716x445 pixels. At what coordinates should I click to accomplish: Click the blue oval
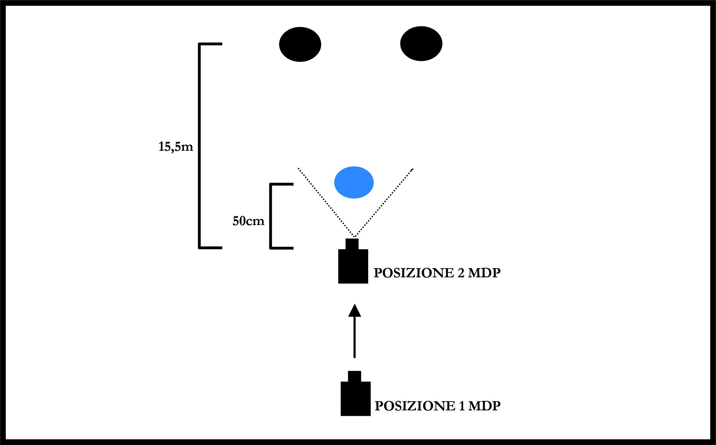pyautogui.click(x=354, y=182)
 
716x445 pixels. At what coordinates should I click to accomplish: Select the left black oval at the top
pyautogui.click(x=300, y=44)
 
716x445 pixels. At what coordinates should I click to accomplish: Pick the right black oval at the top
pyautogui.click(x=421, y=43)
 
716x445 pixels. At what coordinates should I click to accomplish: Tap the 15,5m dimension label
pyautogui.click(x=175, y=147)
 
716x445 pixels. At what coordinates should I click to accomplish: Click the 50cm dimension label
pyautogui.click(x=248, y=221)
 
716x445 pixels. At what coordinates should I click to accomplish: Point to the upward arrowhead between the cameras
pyautogui.click(x=355, y=311)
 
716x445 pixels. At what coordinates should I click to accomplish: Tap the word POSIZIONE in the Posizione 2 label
pyautogui.click(x=414, y=273)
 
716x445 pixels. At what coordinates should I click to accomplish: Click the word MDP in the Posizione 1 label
pyautogui.click(x=484, y=406)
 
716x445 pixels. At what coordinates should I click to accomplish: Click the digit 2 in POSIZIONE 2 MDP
pyautogui.click(x=461, y=273)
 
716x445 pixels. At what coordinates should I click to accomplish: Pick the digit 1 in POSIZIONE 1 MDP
pyautogui.click(x=461, y=406)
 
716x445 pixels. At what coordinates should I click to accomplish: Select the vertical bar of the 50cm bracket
pyautogui.click(x=271, y=216)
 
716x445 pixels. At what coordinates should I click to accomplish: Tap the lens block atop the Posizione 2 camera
pyautogui.click(x=352, y=244)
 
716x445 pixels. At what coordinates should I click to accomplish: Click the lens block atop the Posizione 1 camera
pyautogui.click(x=354, y=376)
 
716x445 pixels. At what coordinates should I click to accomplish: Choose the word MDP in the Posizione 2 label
pyautogui.click(x=484, y=273)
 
